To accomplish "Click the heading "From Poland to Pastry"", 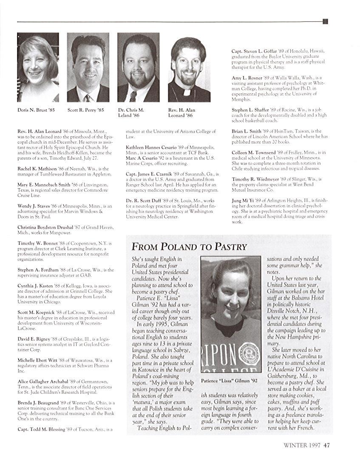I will [189, 247].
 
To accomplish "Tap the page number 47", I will [326, 446].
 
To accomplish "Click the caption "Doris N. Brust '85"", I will [36, 110].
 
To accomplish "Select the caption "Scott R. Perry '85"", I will [86, 110].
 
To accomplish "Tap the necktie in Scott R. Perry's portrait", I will [87, 98].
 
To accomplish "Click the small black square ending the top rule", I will [325, 21].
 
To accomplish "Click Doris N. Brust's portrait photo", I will [37, 67].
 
